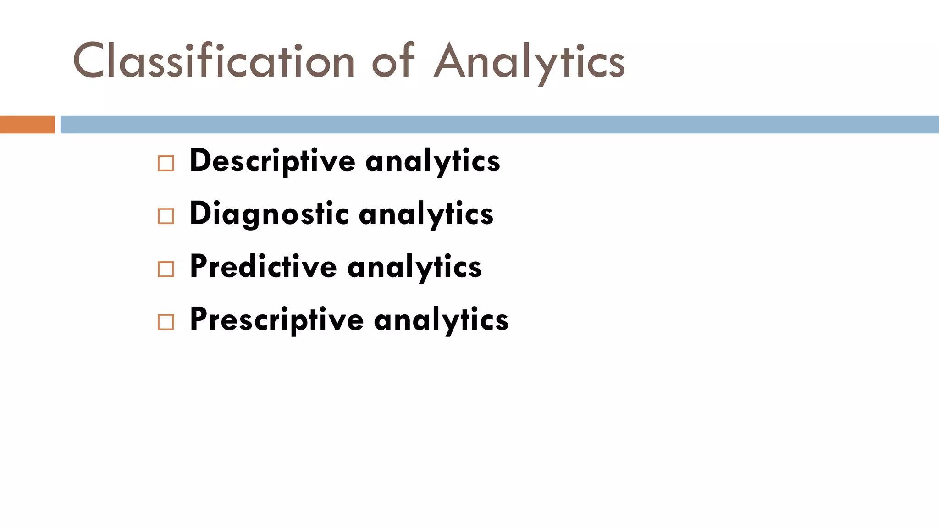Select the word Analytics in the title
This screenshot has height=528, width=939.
point(529,61)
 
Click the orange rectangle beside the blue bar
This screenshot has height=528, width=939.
point(27,125)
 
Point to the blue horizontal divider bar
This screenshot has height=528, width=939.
point(499,125)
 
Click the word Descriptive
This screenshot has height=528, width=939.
point(272,161)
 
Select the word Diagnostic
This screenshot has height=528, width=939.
point(269,214)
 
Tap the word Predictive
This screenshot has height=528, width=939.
point(263,267)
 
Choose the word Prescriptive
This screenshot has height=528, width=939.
point(276,319)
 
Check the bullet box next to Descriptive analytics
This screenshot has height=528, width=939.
point(166,164)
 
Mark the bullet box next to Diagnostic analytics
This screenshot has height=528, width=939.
point(166,216)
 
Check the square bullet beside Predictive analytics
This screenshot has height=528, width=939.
point(166,269)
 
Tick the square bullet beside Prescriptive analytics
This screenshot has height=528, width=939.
point(166,322)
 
